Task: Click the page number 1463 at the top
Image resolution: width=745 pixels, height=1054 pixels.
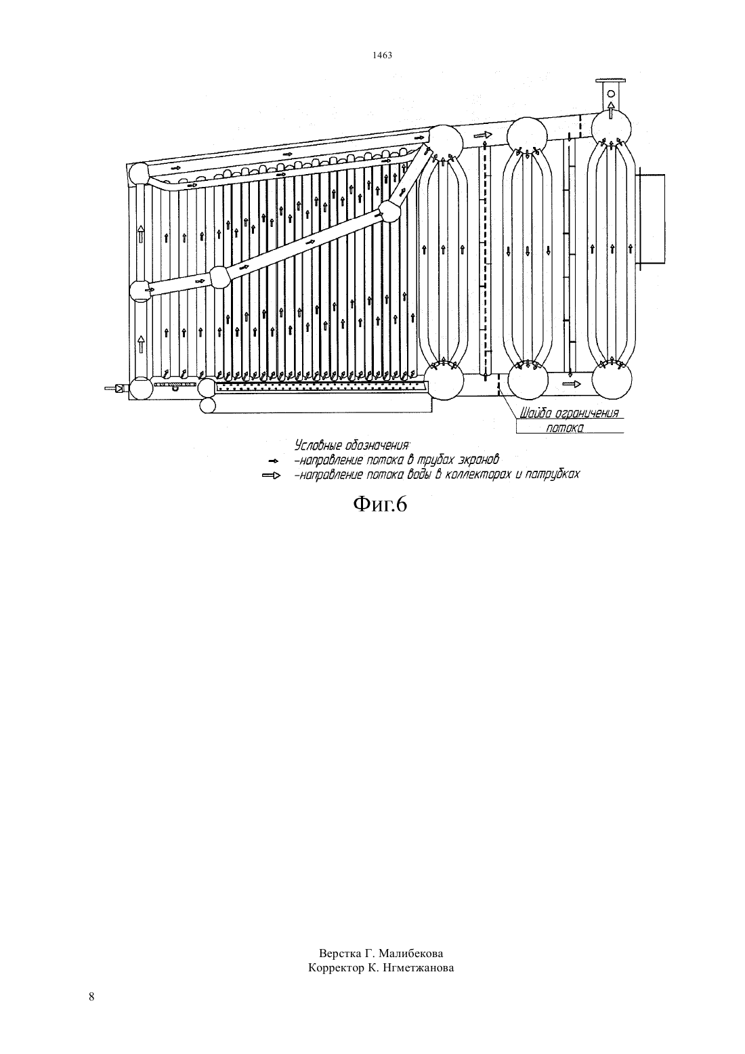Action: [382, 56]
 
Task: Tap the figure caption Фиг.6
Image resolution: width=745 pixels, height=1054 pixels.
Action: [380, 505]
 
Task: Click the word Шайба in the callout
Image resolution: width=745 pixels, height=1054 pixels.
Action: [534, 414]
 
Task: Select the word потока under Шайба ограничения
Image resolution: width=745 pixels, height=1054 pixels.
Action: [564, 428]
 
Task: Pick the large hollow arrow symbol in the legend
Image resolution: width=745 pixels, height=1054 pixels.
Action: [272, 476]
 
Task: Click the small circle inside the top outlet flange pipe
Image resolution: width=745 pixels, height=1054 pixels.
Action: [611, 93]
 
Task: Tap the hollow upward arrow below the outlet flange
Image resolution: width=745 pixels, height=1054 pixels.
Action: [611, 110]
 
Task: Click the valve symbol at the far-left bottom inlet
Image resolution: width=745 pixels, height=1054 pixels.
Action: [119, 389]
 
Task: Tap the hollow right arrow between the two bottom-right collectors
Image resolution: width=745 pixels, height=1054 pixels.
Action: [572, 384]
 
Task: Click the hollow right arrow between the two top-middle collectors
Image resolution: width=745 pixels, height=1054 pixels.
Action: [482, 135]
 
